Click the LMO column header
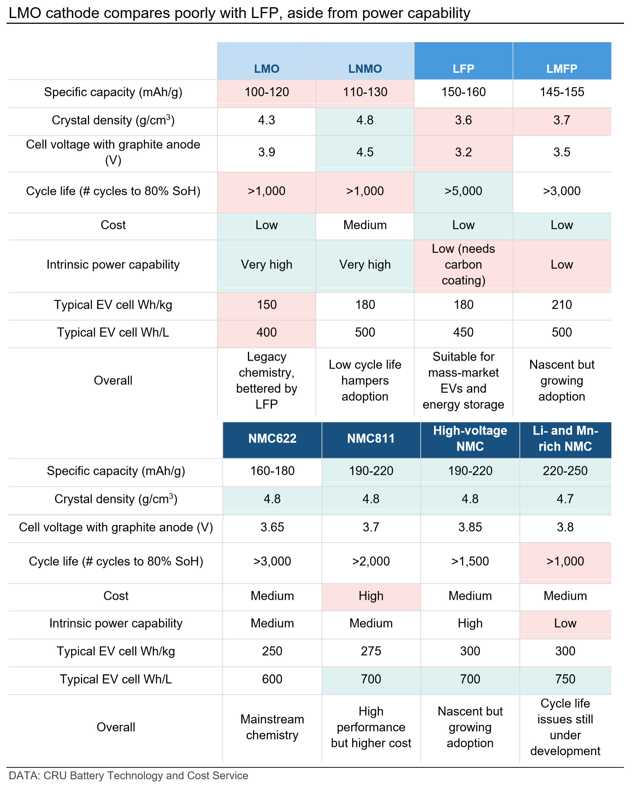pyautogui.click(x=266, y=68)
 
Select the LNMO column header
pyautogui.click(x=365, y=68)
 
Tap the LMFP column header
pyautogui.click(x=562, y=68)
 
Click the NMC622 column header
pyautogui.click(x=272, y=438)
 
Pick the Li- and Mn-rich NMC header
pyautogui.click(x=565, y=438)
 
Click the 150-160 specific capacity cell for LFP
pyautogui.click(x=463, y=92)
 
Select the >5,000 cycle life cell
pyautogui.click(x=463, y=191)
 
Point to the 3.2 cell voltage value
pyautogui.click(x=463, y=152)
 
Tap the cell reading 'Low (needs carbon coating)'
pyautogui.click(x=463, y=264)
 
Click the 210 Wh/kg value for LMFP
pyautogui.click(x=562, y=304)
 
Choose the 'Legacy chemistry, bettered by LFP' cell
pyautogui.click(x=266, y=380)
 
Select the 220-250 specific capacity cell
pyautogui.click(x=565, y=471)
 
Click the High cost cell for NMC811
pyautogui.click(x=371, y=596)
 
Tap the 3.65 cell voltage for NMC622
pyautogui.click(x=272, y=527)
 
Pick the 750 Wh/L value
pyautogui.click(x=565, y=679)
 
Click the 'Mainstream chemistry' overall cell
pyautogui.click(x=272, y=727)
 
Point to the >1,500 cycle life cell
pyautogui.click(x=470, y=561)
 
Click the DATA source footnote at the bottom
pyautogui.click(x=128, y=776)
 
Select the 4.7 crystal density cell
pyautogui.click(x=565, y=499)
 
